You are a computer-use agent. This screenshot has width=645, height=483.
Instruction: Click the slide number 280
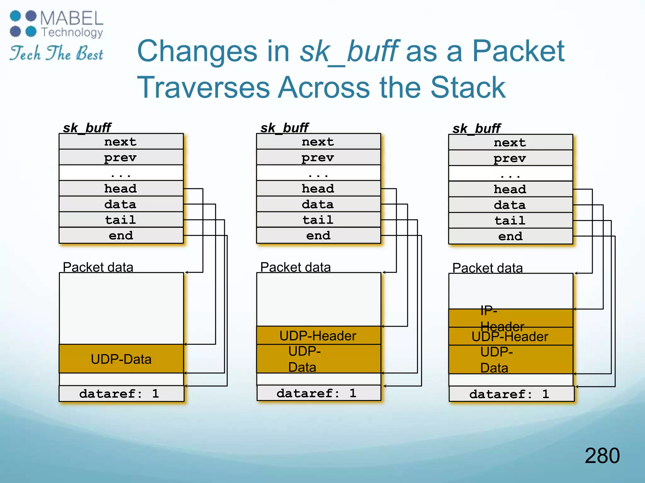(x=602, y=456)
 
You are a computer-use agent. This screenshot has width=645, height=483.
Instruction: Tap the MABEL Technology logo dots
(x=23, y=24)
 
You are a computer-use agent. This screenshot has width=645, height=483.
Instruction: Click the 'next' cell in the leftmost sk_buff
(x=121, y=142)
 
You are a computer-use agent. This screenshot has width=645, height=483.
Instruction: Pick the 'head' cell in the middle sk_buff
(x=318, y=188)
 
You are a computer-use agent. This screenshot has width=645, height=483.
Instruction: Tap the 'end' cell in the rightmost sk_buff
(x=510, y=236)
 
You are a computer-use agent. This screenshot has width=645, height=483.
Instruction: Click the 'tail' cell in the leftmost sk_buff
(x=121, y=219)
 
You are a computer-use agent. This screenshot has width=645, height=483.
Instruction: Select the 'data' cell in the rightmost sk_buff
(x=510, y=205)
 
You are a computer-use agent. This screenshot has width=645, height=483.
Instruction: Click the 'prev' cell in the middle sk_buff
(x=318, y=157)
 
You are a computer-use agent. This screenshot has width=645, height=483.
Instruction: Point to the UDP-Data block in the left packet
(x=121, y=359)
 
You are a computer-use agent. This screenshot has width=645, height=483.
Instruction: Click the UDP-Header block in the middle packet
(x=318, y=336)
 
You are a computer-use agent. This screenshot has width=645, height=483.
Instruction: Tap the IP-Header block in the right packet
(x=510, y=318)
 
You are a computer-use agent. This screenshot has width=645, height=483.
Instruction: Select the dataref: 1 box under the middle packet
(x=318, y=393)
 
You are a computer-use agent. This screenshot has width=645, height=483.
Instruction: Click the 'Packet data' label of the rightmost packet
(x=487, y=268)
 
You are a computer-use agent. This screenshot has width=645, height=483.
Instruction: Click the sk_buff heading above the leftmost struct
(x=87, y=128)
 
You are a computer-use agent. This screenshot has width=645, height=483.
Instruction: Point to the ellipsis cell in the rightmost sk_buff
(x=510, y=174)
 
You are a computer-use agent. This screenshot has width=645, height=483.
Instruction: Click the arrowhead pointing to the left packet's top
(x=187, y=272)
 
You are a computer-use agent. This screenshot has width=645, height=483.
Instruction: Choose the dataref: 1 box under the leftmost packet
(x=121, y=394)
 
